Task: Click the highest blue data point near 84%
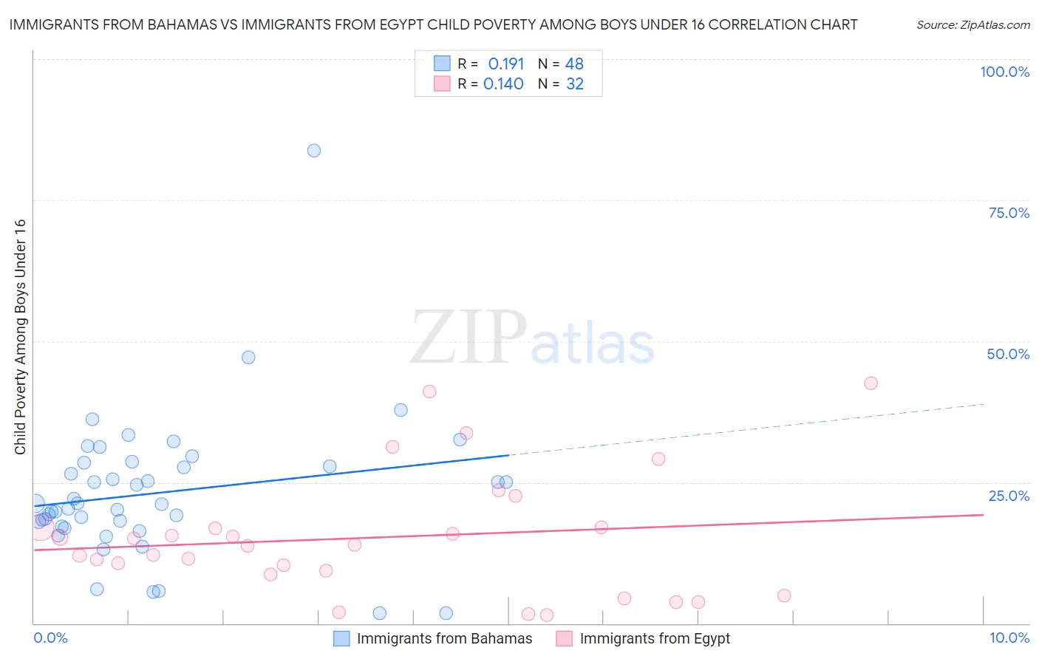point(314,151)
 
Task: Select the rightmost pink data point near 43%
point(871,383)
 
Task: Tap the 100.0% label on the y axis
point(1004,72)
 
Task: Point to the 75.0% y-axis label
point(1009,213)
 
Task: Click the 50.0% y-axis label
point(1008,354)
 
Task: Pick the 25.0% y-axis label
point(1009,496)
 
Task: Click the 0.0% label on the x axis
point(50,638)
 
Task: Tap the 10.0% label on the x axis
point(1009,638)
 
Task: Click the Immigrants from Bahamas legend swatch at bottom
point(341,638)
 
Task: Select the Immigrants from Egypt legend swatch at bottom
point(565,638)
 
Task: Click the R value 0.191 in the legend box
point(506,64)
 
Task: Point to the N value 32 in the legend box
point(575,83)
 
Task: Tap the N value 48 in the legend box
point(574,64)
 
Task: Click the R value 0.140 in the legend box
point(503,83)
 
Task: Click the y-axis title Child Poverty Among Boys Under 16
point(20,337)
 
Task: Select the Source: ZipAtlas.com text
point(972,24)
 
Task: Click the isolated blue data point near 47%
point(248,358)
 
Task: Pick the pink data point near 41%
point(429,392)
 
